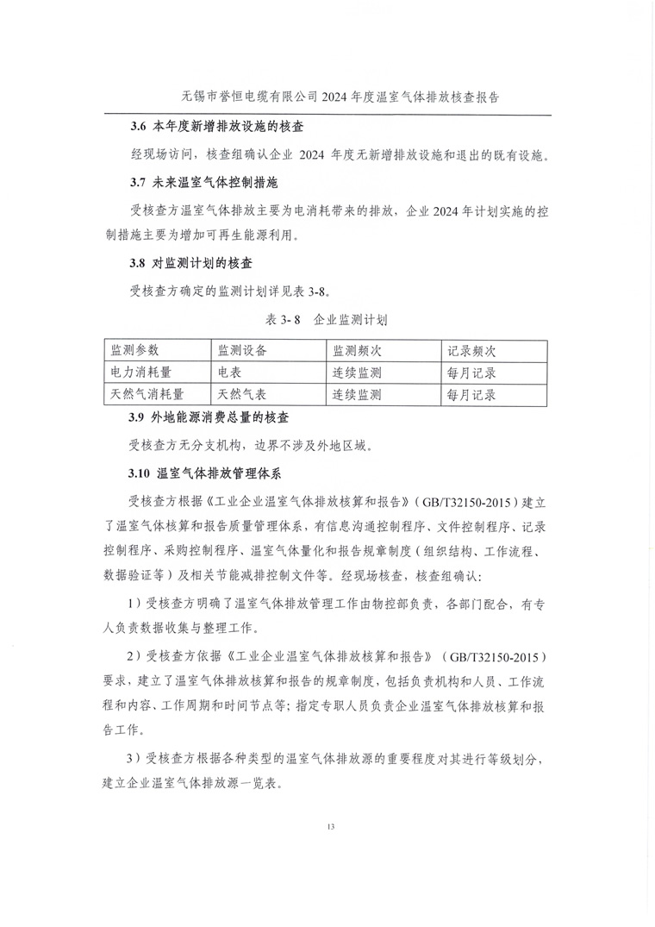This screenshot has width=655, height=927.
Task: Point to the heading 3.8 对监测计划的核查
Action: pos(190,262)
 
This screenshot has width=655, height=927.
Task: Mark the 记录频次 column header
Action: pos(471,351)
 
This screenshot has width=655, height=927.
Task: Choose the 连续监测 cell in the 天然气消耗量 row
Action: pos(357,395)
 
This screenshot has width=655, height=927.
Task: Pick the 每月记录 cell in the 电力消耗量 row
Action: pos(471,373)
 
